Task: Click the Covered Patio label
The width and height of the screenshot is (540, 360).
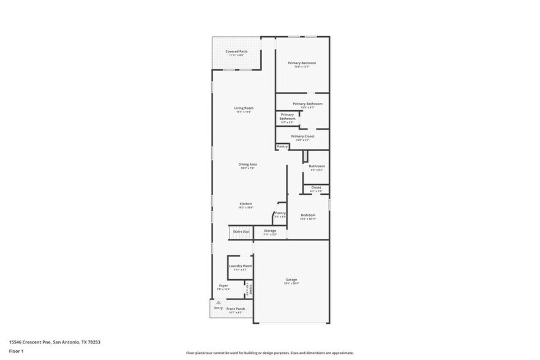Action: [x=236, y=51]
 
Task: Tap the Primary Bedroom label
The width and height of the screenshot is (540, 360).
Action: [x=301, y=63]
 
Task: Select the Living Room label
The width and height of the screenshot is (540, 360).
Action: [x=244, y=108]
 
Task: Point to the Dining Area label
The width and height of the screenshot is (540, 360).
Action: [x=247, y=164]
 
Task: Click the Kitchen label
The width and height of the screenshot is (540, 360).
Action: [x=246, y=204]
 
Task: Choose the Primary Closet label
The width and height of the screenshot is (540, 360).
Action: [x=302, y=137]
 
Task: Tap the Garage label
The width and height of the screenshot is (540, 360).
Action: [x=291, y=280]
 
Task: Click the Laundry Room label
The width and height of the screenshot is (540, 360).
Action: [x=241, y=266]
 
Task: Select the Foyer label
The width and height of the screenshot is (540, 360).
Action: [x=223, y=286]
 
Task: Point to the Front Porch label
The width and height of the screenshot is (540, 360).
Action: [x=236, y=309]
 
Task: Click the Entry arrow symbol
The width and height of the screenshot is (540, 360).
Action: [x=217, y=302]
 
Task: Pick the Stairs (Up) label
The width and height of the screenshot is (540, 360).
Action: [x=241, y=231]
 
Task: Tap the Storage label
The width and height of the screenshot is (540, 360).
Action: [x=270, y=231]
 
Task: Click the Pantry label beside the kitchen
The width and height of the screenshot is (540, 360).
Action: [x=280, y=213]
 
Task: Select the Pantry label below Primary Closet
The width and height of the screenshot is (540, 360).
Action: [x=282, y=146]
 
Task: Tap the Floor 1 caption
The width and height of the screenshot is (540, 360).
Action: [x=16, y=351]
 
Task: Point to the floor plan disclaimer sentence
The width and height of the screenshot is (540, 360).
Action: [x=269, y=353]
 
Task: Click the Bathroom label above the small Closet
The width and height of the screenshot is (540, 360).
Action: [x=317, y=167]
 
